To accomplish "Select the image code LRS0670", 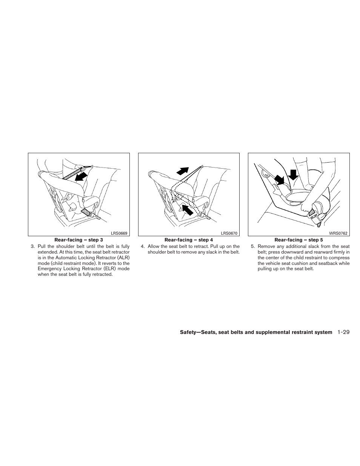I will pyautogui.click(x=229, y=233).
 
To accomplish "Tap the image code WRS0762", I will pyautogui.click(x=338, y=233).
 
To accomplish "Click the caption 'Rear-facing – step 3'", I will pyautogui.click(x=78, y=240).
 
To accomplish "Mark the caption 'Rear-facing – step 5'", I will pyautogui.click(x=298, y=240).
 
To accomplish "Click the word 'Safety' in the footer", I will pyautogui.click(x=188, y=332).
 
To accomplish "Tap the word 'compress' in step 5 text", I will pyautogui.click(x=341, y=258).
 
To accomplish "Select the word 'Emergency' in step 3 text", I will pyautogui.click(x=49, y=269).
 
